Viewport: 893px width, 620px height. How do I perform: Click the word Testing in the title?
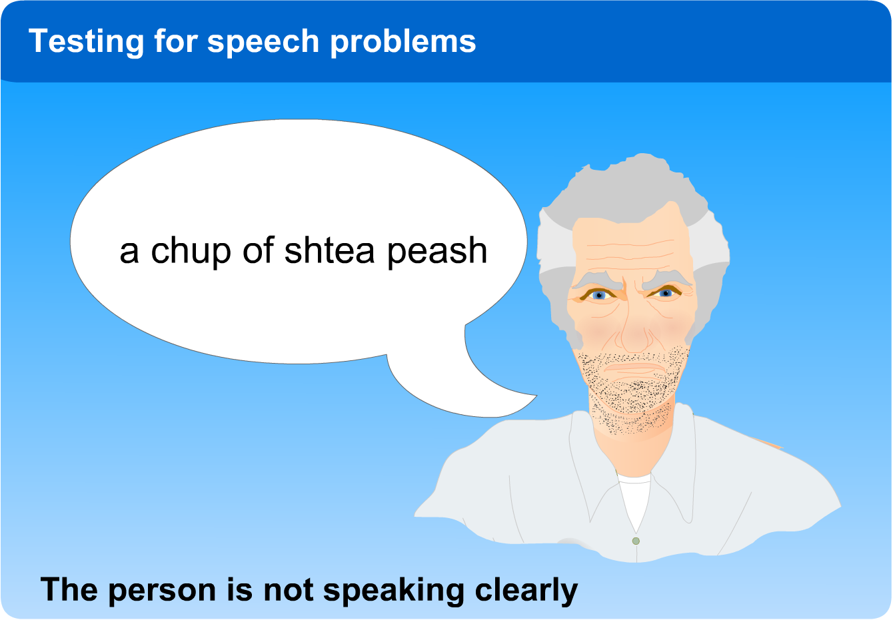pyautogui.click(x=86, y=42)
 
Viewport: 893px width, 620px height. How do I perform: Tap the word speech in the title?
pyautogui.click(x=263, y=42)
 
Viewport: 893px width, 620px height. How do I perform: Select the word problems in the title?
pyautogui.click(x=403, y=42)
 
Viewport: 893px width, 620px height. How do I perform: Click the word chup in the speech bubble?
pyautogui.click(x=191, y=251)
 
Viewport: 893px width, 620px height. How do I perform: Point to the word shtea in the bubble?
pyautogui.click(x=329, y=250)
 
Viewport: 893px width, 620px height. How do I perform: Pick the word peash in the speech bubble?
pyautogui.click(x=437, y=252)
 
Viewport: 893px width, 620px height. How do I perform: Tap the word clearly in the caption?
pyautogui.click(x=526, y=591)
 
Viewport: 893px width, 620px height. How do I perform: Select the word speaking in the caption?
pyautogui.click(x=393, y=591)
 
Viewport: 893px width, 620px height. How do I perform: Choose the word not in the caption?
pyautogui.click(x=289, y=590)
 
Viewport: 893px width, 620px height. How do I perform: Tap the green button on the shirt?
pyautogui.click(x=636, y=541)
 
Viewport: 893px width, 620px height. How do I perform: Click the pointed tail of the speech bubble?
pyautogui.click(x=536, y=396)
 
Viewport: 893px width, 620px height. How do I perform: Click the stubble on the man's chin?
pyautogui.click(x=633, y=394)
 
